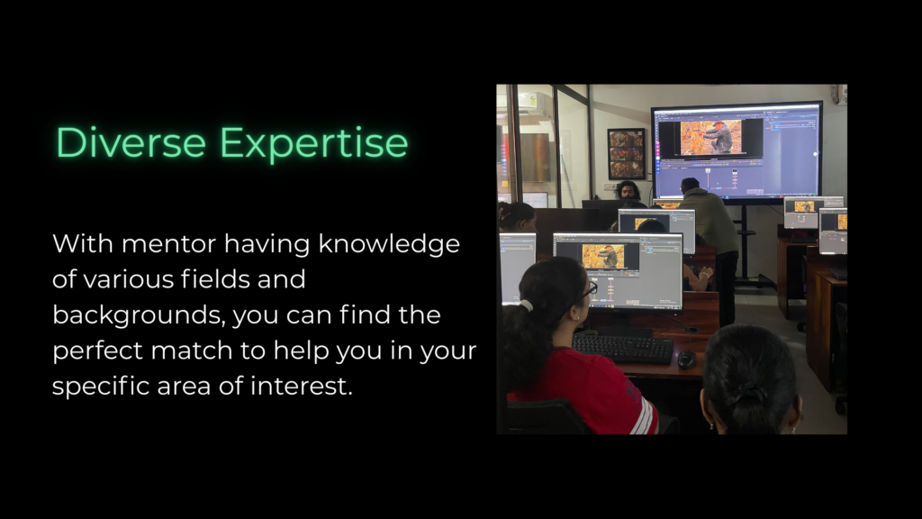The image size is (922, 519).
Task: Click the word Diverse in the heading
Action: pos(131,142)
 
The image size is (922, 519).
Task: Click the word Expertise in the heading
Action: pos(314,143)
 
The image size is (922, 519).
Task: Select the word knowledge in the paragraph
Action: pos(389,244)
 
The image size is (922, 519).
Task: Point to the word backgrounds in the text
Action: pos(138,314)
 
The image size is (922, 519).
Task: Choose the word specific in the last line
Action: pos(100,387)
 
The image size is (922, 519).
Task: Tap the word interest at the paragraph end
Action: pos(301,387)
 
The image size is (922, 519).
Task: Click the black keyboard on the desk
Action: pos(623,349)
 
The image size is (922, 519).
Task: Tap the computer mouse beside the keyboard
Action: pos(686,359)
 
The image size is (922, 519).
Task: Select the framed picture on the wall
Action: pos(627,153)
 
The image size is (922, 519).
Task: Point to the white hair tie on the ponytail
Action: pos(526,305)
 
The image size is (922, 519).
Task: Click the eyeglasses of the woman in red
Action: pos(589,289)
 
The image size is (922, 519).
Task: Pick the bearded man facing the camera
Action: pos(628,191)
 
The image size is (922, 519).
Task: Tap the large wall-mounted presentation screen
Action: pos(737,152)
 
